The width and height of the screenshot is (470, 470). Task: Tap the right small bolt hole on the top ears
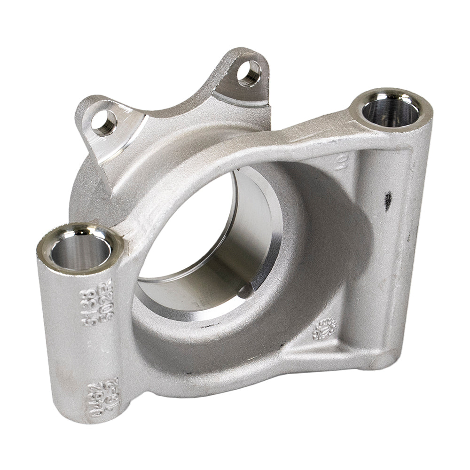coord(249,72)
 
